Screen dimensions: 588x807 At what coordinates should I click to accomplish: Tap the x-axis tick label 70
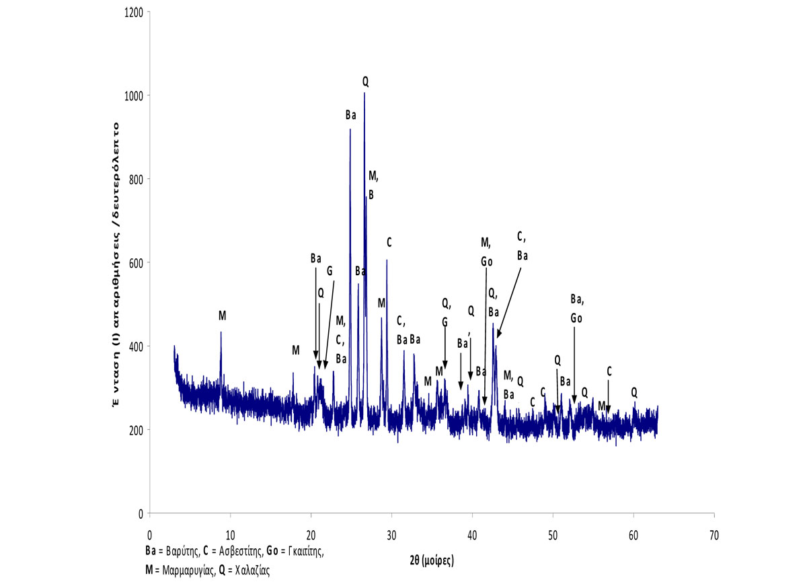(x=714, y=536)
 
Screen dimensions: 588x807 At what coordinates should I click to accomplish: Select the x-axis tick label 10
(x=230, y=536)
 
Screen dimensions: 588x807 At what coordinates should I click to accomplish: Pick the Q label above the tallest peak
(x=365, y=81)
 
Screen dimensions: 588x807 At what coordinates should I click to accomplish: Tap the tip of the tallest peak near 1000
(x=364, y=94)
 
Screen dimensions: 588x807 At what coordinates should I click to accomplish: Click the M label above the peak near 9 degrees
(x=222, y=316)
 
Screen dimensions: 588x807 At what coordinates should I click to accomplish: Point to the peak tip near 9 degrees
(x=221, y=332)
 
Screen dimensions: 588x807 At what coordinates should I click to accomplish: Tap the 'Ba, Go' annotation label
(x=576, y=308)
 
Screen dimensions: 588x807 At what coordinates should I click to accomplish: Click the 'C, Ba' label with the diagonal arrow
(x=522, y=246)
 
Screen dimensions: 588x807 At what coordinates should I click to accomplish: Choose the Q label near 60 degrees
(x=633, y=392)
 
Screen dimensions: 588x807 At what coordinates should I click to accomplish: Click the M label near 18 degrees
(x=295, y=350)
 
